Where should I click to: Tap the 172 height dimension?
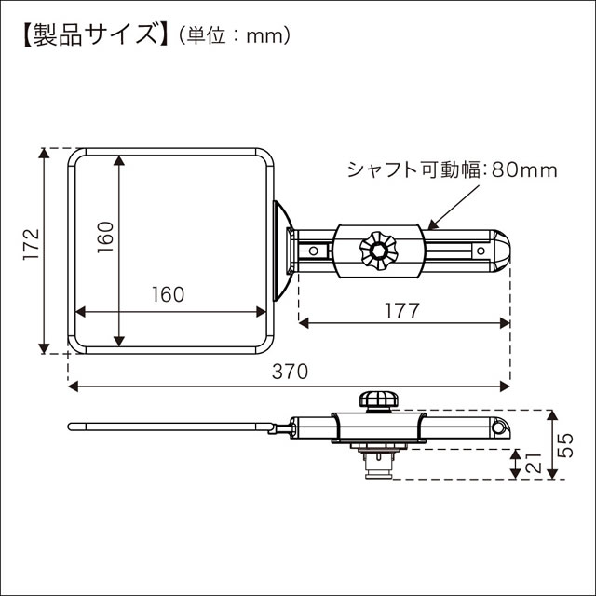(x=30, y=244)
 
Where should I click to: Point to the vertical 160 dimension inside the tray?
(x=103, y=238)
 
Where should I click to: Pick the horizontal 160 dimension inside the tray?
(x=168, y=294)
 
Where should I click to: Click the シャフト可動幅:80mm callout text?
(x=452, y=170)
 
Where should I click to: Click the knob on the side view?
(x=378, y=400)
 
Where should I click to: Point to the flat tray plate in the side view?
(x=168, y=427)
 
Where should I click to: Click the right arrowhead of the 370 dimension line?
(x=506, y=385)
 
